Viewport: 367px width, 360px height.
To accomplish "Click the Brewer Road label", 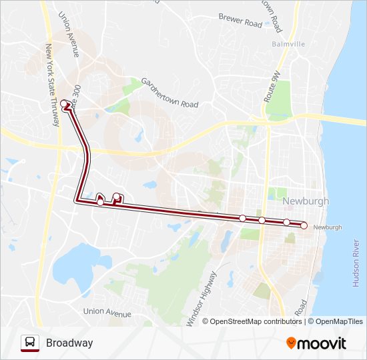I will pos(240,22).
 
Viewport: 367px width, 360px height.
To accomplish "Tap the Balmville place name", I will pos(289,45).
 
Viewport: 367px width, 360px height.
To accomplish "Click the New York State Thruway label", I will pos(52,87).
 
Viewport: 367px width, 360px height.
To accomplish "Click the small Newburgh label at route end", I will pos(327,227).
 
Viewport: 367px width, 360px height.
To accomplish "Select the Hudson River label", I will pos(355,263).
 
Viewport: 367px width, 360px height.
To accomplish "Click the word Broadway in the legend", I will pos(69,343).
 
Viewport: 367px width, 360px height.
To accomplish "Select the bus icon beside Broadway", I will pos(30,343).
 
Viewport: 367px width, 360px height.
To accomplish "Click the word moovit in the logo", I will pos(322,344).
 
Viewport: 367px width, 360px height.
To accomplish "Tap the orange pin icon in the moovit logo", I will pos(291,343).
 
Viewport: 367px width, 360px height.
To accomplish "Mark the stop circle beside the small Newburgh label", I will pos(304,226).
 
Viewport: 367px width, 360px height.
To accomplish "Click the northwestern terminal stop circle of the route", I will pos(64,103).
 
